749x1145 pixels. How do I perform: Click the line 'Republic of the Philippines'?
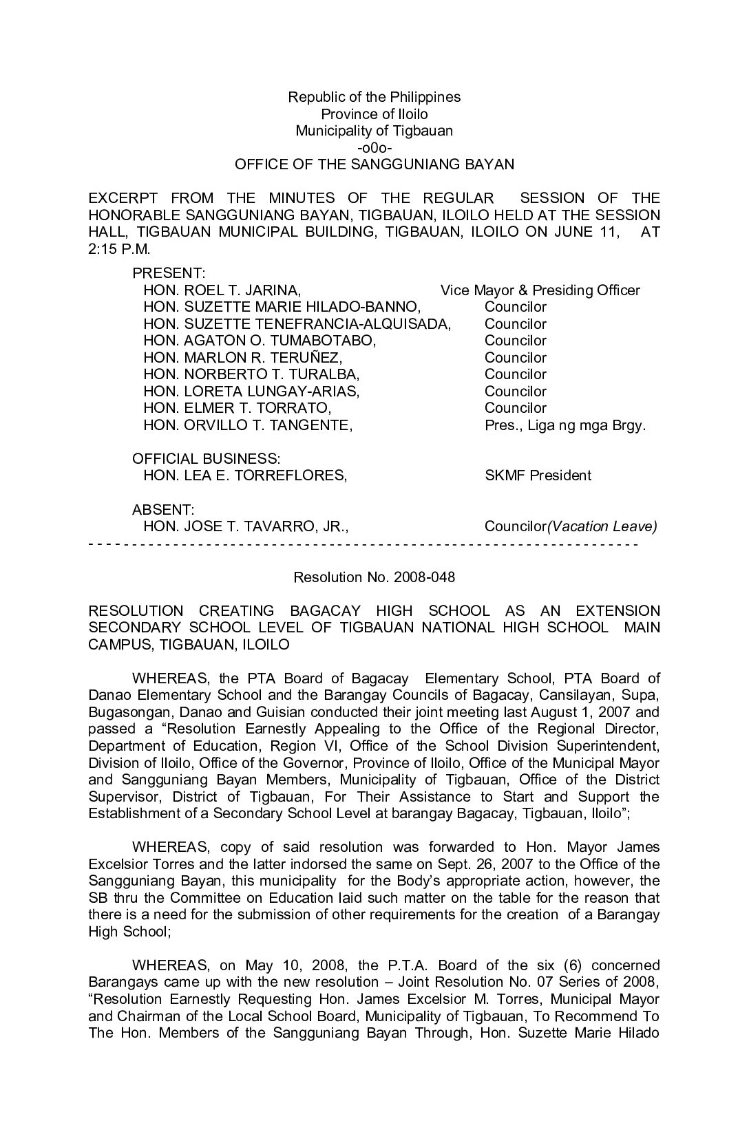374,97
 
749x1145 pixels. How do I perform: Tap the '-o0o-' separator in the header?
374,148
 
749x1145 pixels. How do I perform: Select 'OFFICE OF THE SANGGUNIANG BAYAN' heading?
374,164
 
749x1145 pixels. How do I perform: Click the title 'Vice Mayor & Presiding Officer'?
540,290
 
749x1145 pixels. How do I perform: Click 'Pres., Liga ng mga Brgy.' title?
565,425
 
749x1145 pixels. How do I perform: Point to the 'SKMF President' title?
538,475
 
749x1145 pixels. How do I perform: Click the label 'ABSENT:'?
163,510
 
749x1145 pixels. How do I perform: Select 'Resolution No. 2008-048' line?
374,577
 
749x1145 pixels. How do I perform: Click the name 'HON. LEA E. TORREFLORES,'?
245,475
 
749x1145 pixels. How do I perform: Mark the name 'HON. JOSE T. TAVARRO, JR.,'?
246,527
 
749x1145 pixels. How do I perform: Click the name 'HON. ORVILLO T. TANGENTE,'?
248,425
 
